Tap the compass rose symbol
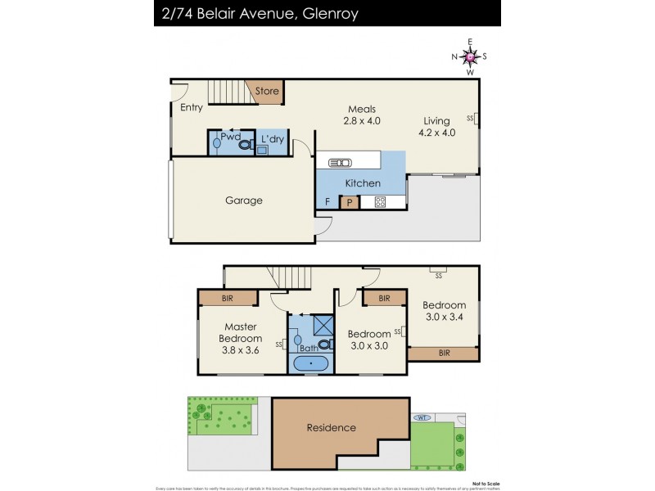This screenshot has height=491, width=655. [x=470, y=56]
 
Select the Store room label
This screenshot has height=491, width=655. [x=267, y=92]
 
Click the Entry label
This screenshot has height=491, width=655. [x=192, y=107]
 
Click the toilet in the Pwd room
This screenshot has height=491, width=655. [x=244, y=142]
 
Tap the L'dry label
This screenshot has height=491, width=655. [x=272, y=140]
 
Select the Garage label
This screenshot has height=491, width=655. [x=244, y=200]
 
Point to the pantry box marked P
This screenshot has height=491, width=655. [x=350, y=201]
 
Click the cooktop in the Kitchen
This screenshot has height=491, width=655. [x=380, y=202]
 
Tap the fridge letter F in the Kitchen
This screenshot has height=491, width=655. [x=327, y=201]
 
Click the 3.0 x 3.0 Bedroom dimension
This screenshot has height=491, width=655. [x=368, y=345]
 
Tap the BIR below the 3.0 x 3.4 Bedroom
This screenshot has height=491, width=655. [x=443, y=353]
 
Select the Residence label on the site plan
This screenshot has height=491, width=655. [x=332, y=427]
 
